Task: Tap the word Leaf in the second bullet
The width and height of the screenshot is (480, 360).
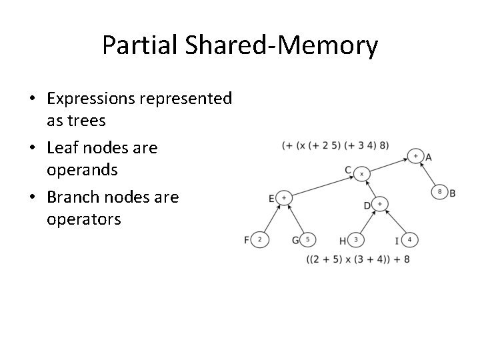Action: point(62,147)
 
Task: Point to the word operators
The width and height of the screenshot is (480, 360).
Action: point(84,219)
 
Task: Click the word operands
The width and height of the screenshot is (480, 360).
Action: point(82,170)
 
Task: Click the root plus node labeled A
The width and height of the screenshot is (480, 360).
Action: point(415,156)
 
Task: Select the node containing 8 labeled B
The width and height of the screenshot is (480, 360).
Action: point(440,192)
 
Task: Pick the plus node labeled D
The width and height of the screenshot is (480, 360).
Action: point(379,203)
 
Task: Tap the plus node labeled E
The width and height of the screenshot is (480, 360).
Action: point(283,198)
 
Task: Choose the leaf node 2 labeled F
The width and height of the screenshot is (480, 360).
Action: point(260,240)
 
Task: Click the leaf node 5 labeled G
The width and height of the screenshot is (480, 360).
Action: point(308,240)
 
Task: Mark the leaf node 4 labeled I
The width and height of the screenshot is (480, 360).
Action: point(410,240)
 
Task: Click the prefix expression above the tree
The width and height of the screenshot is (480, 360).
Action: point(335,145)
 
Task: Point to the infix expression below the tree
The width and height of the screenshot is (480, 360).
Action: point(357,259)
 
